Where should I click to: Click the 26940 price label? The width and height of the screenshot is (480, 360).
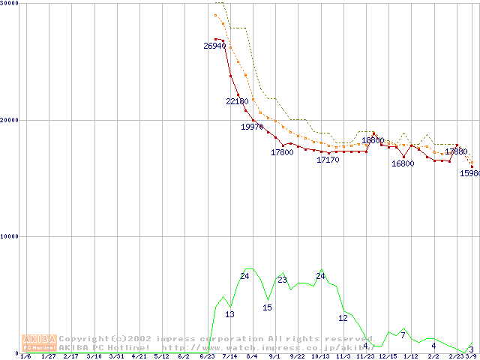point(214,46)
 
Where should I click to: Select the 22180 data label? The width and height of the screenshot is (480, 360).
point(237,101)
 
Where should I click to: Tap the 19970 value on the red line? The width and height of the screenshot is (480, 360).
point(252,127)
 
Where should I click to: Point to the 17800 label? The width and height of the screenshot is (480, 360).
point(282,152)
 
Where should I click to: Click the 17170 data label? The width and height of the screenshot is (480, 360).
point(328,160)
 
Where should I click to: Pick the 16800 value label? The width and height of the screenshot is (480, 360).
point(403,163)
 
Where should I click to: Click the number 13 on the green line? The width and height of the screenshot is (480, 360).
point(229,314)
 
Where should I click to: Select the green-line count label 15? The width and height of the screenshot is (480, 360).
point(267,307)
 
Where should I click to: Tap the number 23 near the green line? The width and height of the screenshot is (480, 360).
point(282,280)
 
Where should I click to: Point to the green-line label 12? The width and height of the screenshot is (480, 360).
point(343,318)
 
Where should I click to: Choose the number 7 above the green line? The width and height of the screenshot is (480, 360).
point(403,334)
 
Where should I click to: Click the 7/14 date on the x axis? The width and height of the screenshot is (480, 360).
point(229,356)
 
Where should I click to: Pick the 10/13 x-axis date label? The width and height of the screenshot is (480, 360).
point(320,356)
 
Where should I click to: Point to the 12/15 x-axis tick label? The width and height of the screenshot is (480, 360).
point(388,356)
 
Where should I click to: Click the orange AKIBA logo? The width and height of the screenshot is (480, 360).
point(39,343)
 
